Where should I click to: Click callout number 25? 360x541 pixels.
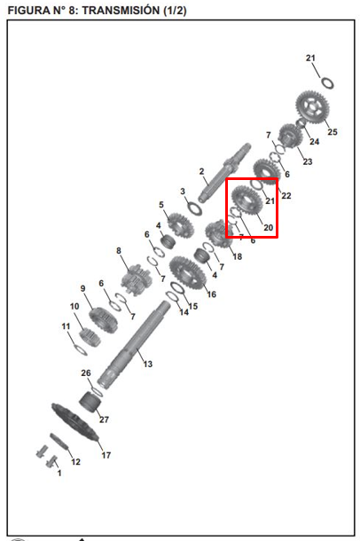(x=333, y=132)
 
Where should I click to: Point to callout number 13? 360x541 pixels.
(x=147, y=364)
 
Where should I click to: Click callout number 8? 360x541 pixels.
(x=120, y=251)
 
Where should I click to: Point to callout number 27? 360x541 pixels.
(x=104, y=419)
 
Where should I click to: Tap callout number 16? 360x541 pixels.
(x=211, y=294)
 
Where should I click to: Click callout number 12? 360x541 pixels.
(x=75, y=462)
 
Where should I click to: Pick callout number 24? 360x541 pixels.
(x=313, y=141)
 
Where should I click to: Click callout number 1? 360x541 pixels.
(x=59, y=474)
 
